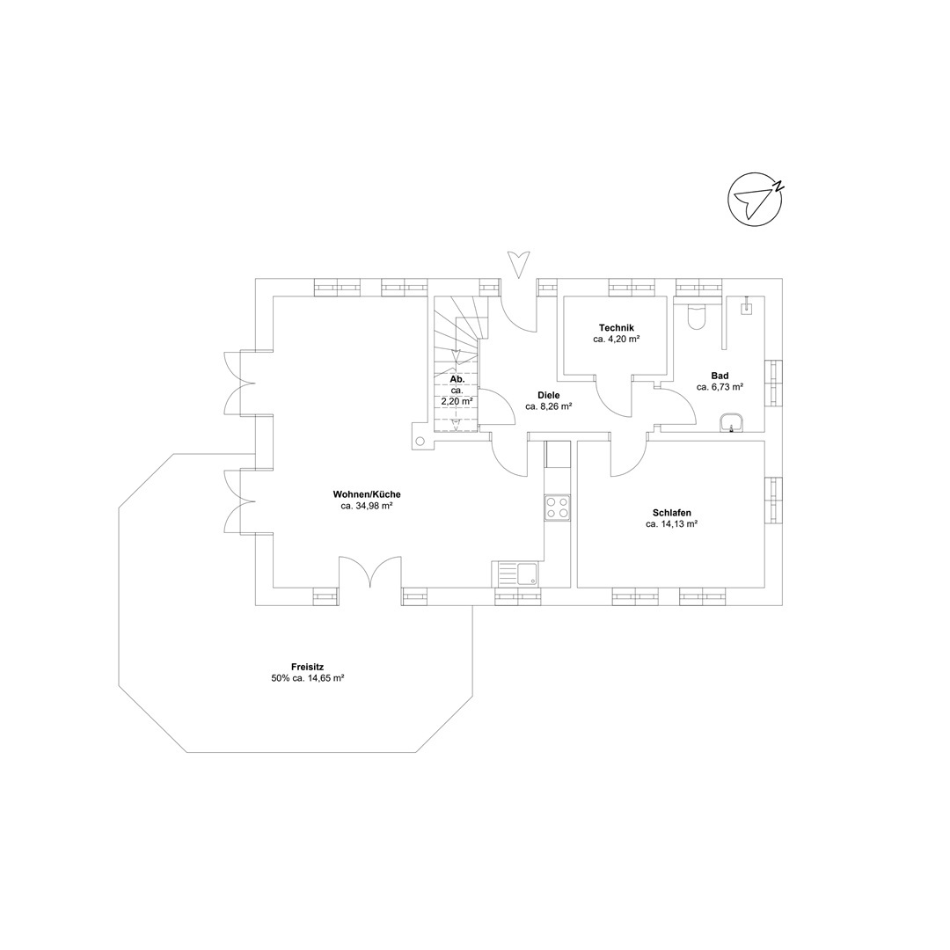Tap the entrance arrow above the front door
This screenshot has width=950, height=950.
[x=518, y=265]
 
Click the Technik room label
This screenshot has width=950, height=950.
[x=616, y=328]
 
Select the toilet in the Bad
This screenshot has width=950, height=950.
[x=697, y=317]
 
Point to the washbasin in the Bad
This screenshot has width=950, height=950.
[x=733, y=422]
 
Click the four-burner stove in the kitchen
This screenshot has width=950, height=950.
[x=558, y=508]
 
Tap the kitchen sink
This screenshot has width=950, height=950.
[x=518, y=574]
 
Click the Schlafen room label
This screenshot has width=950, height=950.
[x=672, y=513]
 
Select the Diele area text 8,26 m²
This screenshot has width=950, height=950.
[x=548, y=406]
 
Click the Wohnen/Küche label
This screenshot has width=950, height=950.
[x=367, y=494]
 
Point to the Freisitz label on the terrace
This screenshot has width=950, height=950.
[x=308, y=667]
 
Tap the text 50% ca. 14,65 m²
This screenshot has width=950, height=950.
[x=308, y=678]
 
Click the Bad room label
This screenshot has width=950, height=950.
[x=720, y=376]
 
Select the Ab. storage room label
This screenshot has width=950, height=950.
[x=457, y=379]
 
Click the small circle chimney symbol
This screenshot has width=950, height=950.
[x=420, y=441]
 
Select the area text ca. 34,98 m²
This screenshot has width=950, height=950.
[x=367, y=506]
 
